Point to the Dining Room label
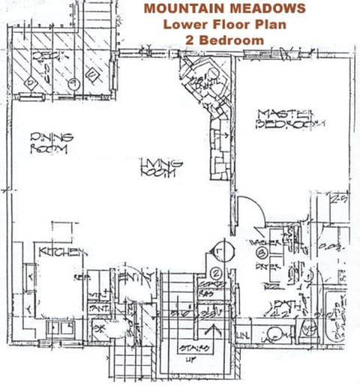(51, 142)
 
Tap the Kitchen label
(63, 252)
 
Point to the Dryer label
(265, 265)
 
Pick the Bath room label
(287, 304)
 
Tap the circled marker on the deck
(73, 84)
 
